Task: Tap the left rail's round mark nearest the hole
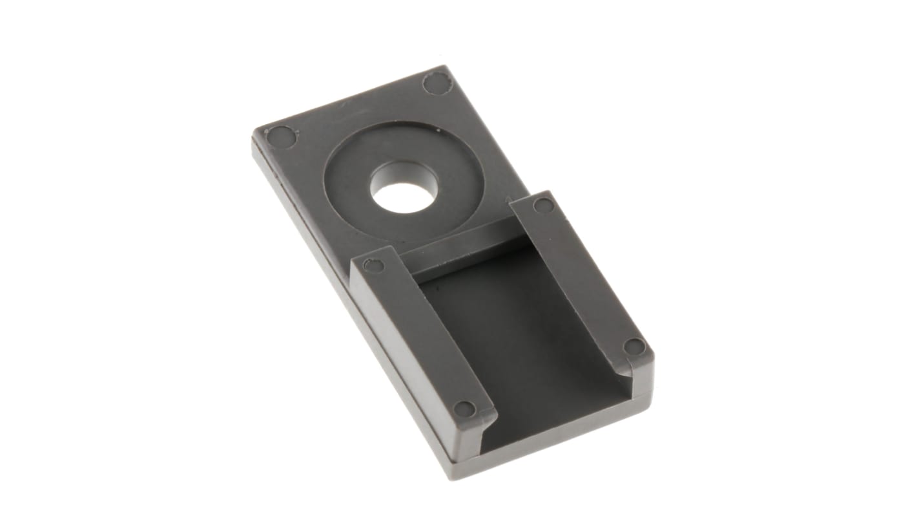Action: tap(374, 264)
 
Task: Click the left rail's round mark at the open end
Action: tap(464, 409)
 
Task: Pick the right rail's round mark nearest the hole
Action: tap(544, 206)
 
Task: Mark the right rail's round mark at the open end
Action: tap(635, 347)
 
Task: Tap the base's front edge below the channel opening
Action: tap(555, 440)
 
